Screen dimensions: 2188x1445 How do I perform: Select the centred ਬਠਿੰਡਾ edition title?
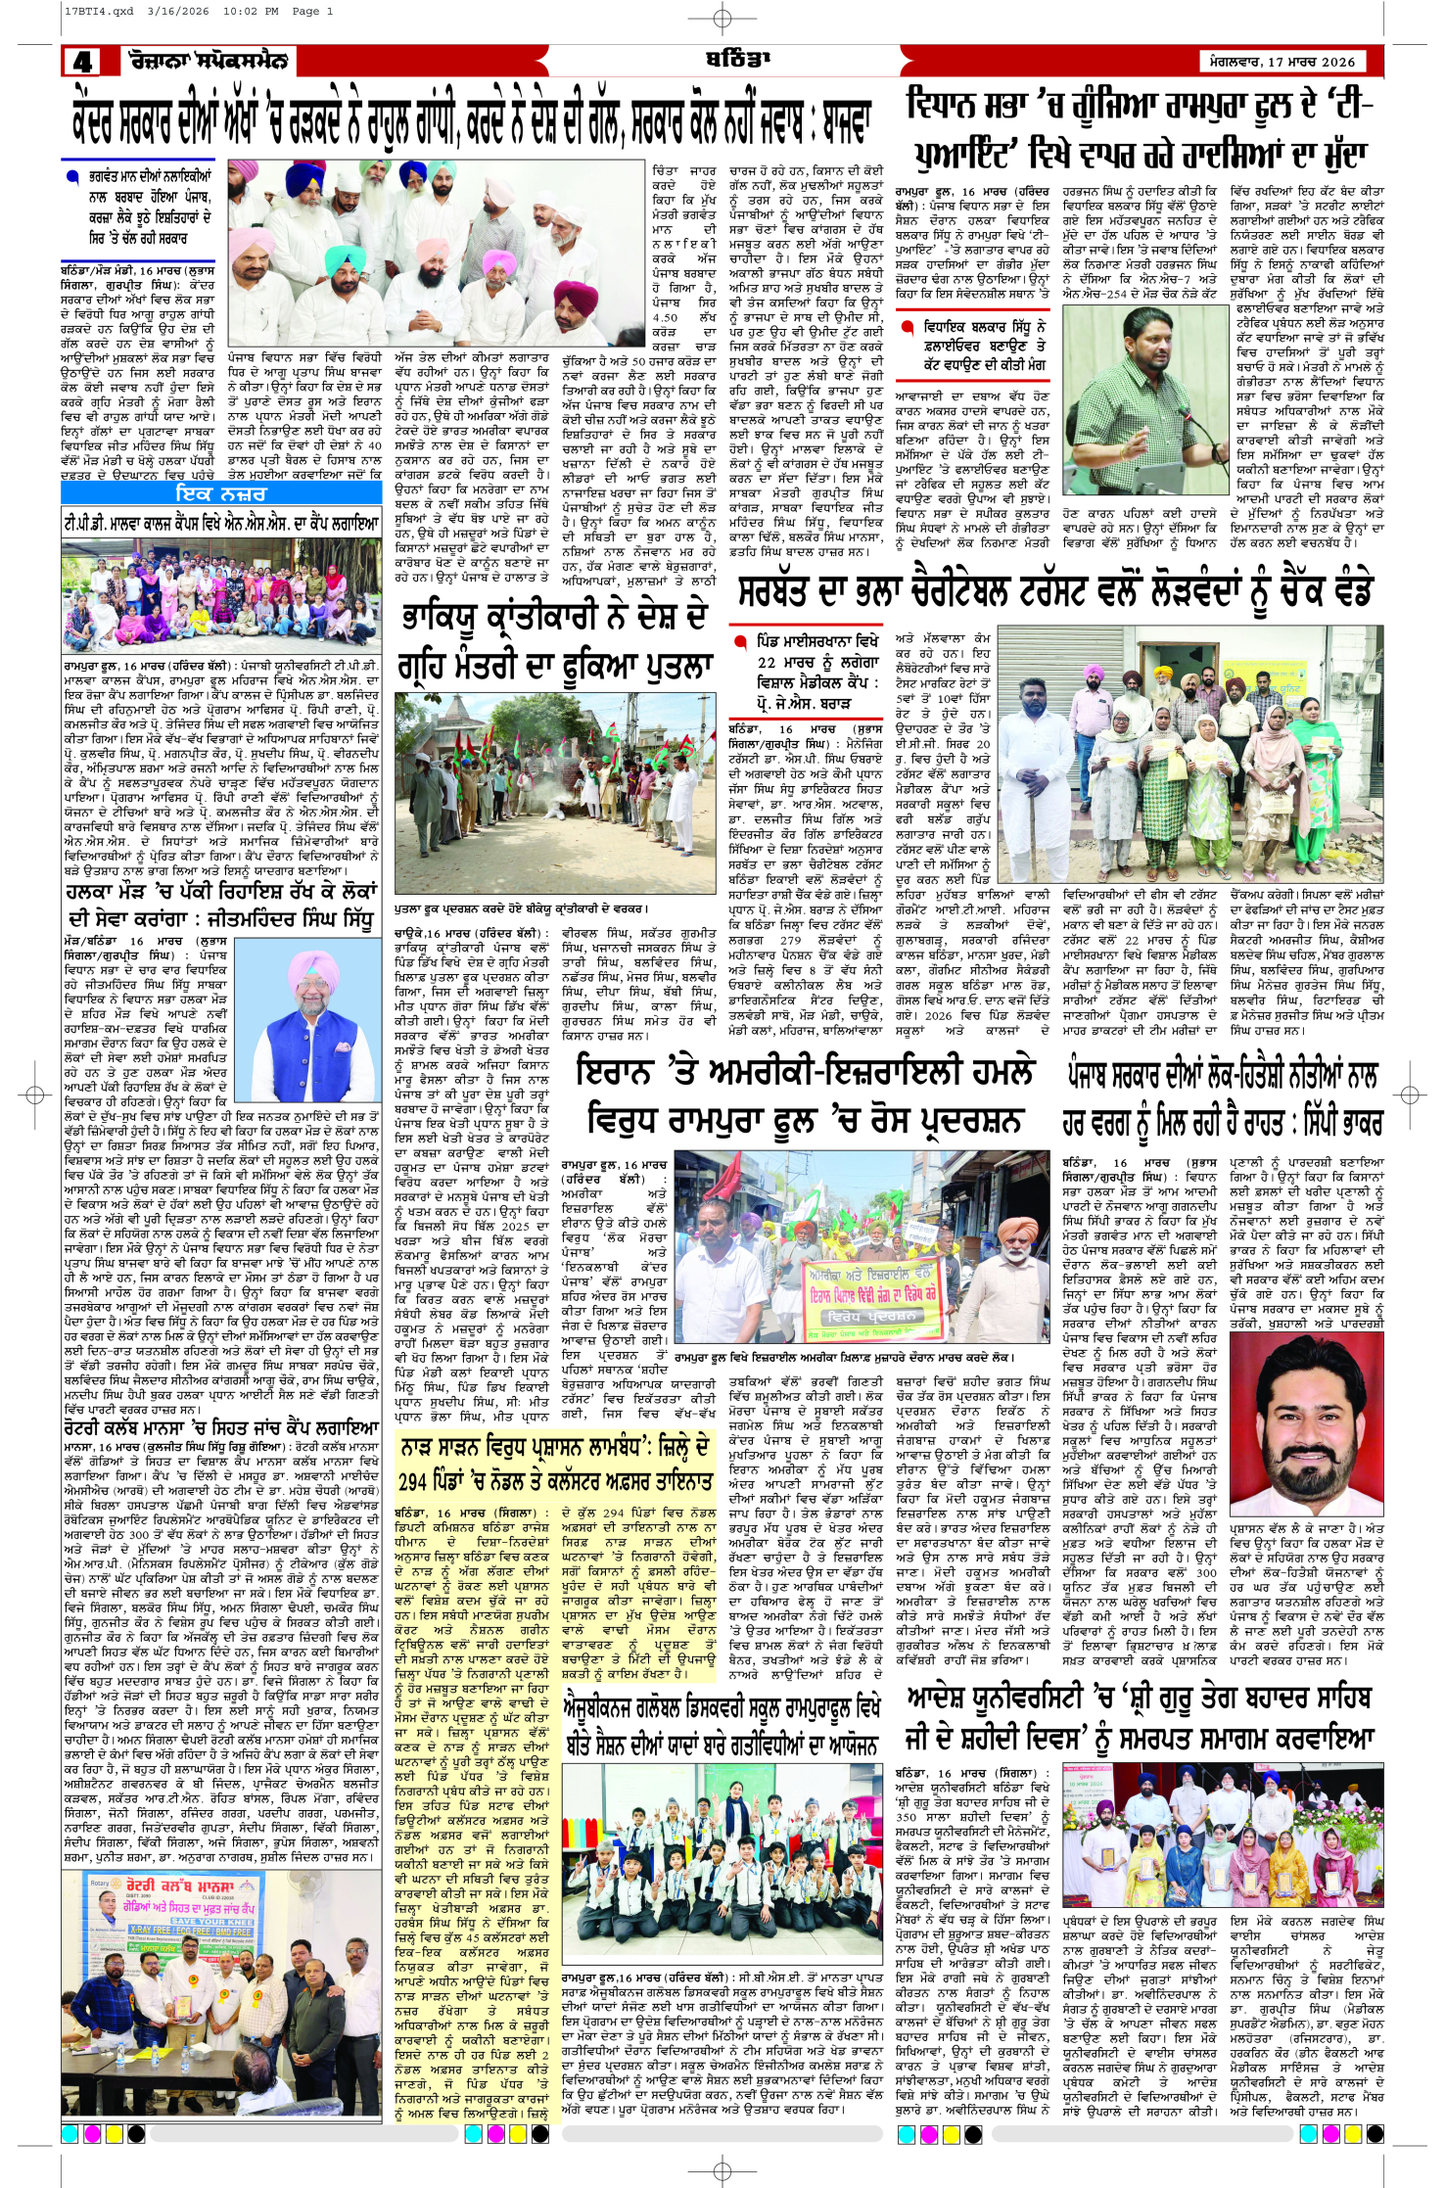[731, 60]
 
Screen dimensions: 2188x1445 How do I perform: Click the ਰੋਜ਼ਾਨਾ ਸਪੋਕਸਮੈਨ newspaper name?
[208, 61]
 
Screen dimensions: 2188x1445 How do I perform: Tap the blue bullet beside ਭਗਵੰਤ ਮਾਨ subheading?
[71, 178]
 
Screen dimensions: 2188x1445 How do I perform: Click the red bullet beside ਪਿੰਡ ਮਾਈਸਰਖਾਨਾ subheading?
[740, 642]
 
